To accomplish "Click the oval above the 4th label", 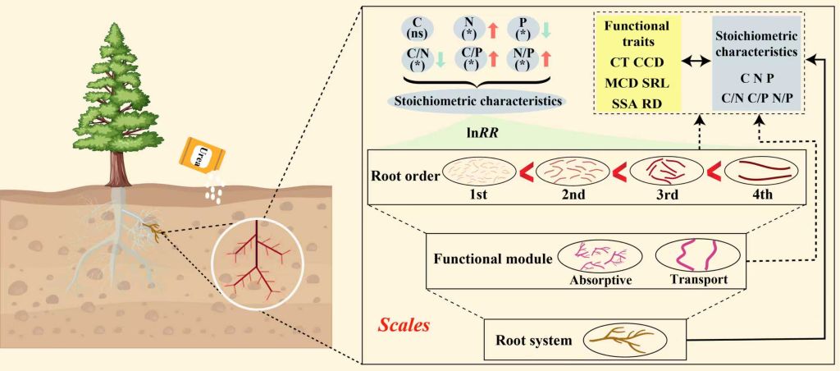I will point(760,170).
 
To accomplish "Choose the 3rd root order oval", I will point(666,170).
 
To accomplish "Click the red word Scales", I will point(404,324).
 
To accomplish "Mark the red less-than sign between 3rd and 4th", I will point(714,172).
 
